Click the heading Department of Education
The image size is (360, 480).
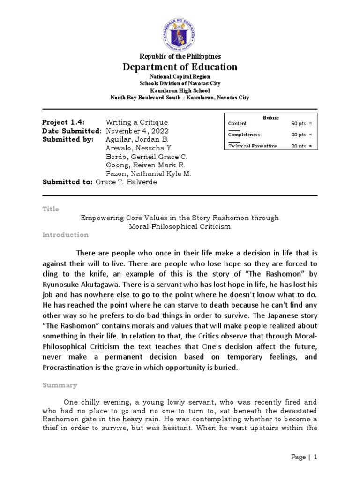coord(180,67)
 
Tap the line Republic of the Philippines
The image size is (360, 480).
coord(180,56)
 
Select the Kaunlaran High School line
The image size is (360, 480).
coord(180,90)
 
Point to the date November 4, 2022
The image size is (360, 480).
coord(137,131)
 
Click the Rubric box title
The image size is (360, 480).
coord(270,117)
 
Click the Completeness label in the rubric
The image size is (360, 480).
coord(244,135)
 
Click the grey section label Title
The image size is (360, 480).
coord(51,209)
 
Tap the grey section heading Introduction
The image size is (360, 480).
coord(65,234)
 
